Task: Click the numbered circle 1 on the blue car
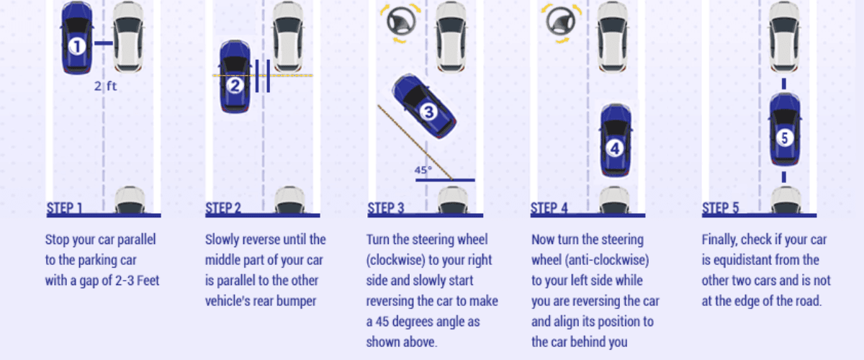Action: [77, 46]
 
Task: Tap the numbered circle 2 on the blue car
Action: [235, 86]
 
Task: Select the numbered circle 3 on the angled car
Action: [428, 112]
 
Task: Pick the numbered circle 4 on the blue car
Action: [615, 148]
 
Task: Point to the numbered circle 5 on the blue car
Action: [784, 138]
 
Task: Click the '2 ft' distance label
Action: [105, 86]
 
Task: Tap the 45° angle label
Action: [423, 170]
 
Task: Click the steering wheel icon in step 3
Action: [401, 22]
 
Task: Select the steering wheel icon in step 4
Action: [561, 22]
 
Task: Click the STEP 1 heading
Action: [64, 208]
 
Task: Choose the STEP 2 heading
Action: [223, 208]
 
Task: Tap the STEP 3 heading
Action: [386, 208]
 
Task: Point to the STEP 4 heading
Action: [549, 208]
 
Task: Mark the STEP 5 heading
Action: [720, 208]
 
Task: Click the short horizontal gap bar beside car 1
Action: [104, 43]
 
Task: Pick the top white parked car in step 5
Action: [784, 37]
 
